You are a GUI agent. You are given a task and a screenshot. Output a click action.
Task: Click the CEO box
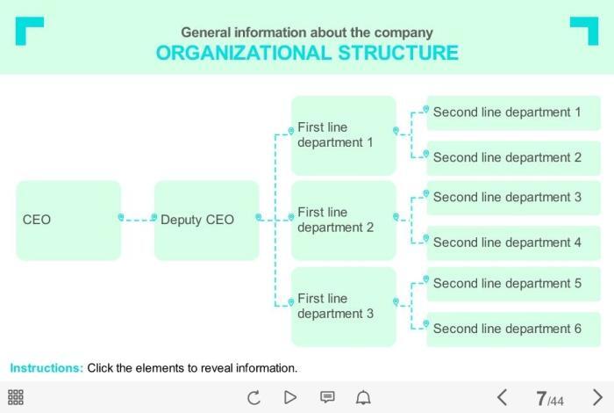pyautogui.click(x=68, y=221)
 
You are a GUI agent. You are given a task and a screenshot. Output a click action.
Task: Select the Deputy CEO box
pyautogui.click(x=206, y=221)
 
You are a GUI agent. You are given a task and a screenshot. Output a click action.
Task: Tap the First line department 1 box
pyautogui.click(x=343, y=134)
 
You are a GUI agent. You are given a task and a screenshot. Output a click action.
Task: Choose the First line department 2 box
pyautogui.click(x=343, y=220)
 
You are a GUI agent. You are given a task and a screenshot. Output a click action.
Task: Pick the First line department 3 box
pyautogui.click(x=343, y=306)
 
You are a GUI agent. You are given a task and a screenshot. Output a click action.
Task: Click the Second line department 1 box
pyautogui.click(x=513, y=112)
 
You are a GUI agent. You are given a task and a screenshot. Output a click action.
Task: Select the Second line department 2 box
pyautogui.click(x=513, y=158)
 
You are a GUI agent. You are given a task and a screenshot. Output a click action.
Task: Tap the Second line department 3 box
pyautogui.click(x=513, y=198)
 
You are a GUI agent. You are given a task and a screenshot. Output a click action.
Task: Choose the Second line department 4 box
pyautogui.click(x=513, y=243)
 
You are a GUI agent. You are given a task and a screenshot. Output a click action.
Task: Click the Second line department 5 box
pyautogui.click(x=513, y=284)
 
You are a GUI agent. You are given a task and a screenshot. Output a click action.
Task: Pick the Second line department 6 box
pyautogui.click(x=513, y=329)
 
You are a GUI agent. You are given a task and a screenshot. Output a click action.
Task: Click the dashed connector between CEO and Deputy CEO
pyautogui.click(x=138, y=220)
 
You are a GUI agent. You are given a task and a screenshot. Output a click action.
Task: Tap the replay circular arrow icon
pyautogui.click(x=253, y=398)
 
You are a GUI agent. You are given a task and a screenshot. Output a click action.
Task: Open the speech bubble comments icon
pyautogui.click(x=327, y=397)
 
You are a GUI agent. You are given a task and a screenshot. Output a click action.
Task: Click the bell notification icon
pyautogui.click(x=363, y=398)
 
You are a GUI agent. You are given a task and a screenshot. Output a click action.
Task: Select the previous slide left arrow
pyautogui.click(x=503, y=398)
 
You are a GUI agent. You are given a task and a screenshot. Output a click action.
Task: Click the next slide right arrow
pyautogui.click(x=597, y=398)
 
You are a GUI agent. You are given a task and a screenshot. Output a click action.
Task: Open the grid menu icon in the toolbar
pyautogui.click(x=16, y=397)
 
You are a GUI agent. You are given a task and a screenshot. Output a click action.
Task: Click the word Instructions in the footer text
pyautogui.click(x=46, y=368)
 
